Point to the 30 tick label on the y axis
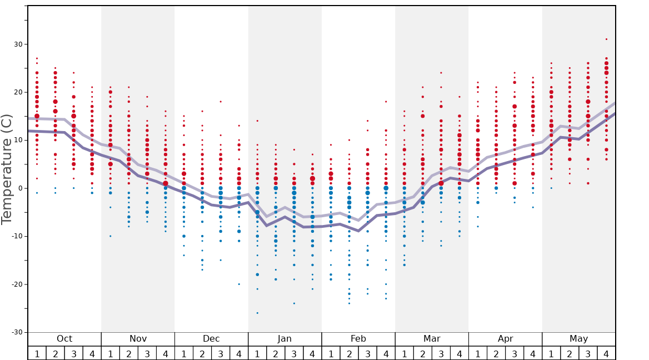tap(17, 44)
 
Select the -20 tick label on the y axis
tap(15, 284)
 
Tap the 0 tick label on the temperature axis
tap(19, 188)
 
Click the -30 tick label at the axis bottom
tap(15, 332)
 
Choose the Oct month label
tap(64, 339)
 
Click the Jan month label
tap(284, 339)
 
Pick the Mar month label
tap(432, 339)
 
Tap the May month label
tap(578, 339)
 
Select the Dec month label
tap(211, 339)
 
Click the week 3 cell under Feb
tap(367, 353)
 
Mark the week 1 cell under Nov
tap(111, 353)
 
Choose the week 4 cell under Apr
tap(533, 353)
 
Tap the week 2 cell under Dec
tap(202, 353)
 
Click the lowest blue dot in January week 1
tap(257, 313)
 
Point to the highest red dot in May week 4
tap(606, 39)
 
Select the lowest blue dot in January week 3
tap(294, 303)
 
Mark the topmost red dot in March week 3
tap(441, 73)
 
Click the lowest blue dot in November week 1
tap(111, 236)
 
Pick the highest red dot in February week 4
tap(386, 102)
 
